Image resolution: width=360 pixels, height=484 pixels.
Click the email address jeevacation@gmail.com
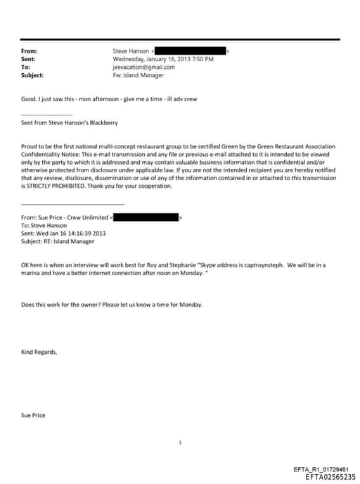click(x=141, y=67)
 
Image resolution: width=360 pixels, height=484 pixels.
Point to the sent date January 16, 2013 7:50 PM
click(x=163, y=59)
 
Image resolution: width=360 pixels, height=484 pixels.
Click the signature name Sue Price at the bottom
click(x=33, y=415)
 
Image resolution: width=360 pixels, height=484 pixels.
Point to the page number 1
click(x=181, y=442)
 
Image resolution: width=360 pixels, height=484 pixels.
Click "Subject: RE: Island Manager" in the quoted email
click(x=63, y=242)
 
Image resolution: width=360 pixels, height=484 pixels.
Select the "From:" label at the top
click(x=29, y=51)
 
